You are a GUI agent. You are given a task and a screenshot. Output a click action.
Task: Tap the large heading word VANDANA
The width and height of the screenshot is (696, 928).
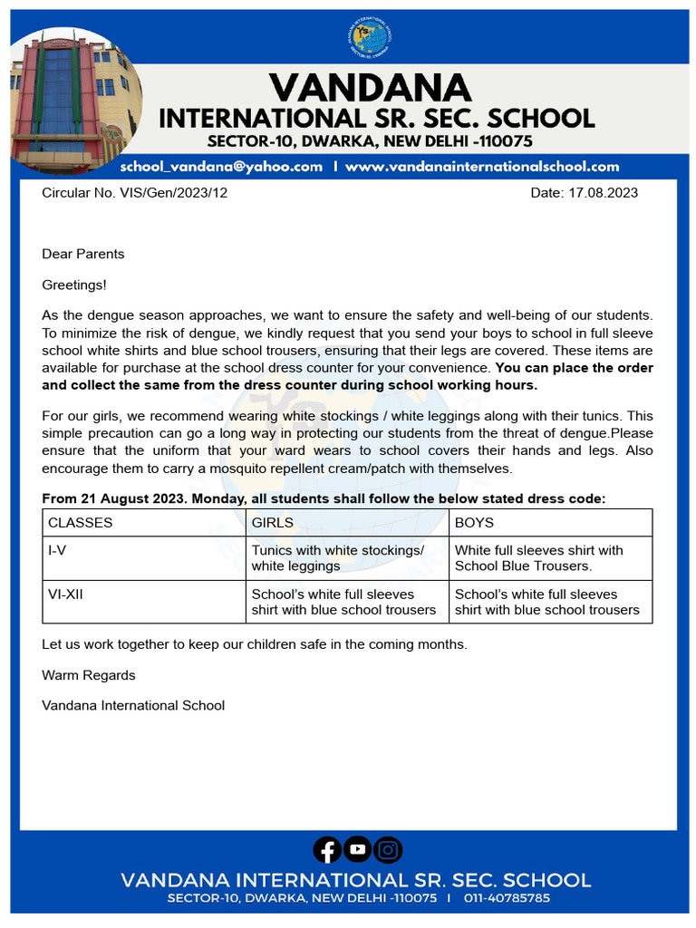[370, 88]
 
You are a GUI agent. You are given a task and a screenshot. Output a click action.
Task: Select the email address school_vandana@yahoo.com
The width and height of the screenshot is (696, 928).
[221, 167]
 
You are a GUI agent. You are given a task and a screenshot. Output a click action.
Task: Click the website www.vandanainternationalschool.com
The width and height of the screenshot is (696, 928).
[482, 167]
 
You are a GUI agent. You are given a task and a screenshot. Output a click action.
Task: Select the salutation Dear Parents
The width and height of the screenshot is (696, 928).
[83, 254]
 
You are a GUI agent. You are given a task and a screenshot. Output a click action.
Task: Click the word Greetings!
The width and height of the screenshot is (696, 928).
[74, 285]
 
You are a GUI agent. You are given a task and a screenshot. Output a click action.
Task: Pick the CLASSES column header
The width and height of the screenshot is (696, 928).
[81, 523]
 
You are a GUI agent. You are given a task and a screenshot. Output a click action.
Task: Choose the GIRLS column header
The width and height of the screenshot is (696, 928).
[272, 523]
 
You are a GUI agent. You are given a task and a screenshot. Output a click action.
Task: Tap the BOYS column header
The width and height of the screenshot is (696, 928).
[474, 523]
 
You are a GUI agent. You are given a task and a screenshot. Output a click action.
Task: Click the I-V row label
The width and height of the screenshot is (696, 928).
[57, 550]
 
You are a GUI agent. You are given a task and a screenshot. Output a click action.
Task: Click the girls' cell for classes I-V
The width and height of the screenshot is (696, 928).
[337, 557]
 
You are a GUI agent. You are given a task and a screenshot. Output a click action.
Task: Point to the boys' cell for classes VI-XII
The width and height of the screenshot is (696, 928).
[546, 602]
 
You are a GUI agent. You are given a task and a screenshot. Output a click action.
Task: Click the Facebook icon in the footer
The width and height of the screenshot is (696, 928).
[327, 849]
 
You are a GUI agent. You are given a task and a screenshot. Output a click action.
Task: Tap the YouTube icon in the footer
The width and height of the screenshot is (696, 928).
[358, 849]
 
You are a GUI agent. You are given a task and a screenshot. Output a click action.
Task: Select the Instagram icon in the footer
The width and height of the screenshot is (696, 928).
[389, 849]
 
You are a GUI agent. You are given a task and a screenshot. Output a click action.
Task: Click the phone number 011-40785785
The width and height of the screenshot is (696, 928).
[507, 898]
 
